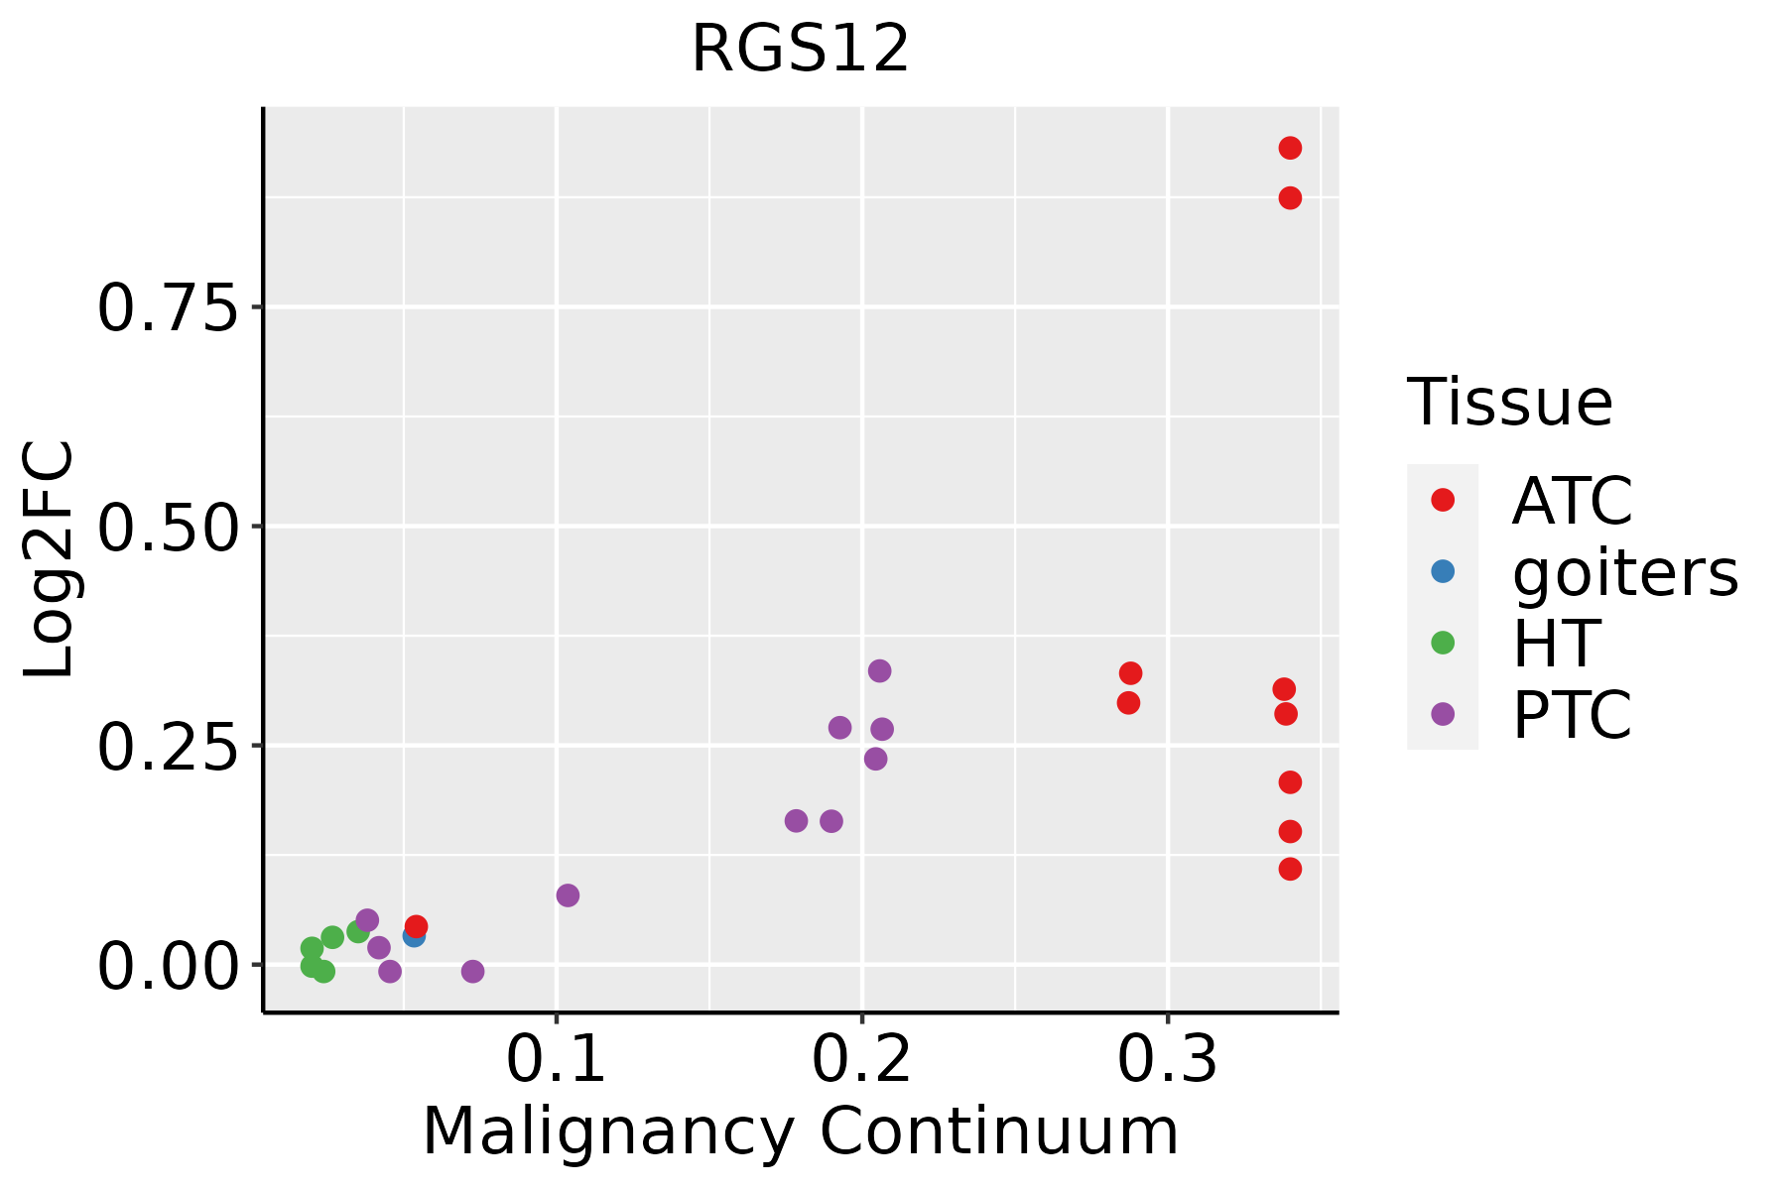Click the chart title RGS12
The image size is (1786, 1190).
coord(800,50)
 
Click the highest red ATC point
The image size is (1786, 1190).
coord(1290,149)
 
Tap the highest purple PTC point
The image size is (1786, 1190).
coord(879,671)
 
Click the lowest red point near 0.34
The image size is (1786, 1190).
coord(1290,870)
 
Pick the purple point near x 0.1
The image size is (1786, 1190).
coord(568,895)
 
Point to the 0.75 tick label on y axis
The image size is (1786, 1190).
coord(169,308)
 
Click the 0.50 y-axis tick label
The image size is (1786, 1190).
coord(169,527)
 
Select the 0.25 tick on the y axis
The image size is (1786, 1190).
coord(169,746)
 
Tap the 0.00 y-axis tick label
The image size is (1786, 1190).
coord(169,965)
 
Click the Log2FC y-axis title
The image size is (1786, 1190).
coord(50,560)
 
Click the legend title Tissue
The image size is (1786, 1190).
coord(1510,403)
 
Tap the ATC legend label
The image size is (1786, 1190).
coord(1572,501)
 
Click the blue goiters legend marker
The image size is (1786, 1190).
coord(1443,571)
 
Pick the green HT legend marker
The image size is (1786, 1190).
coord(1443,643)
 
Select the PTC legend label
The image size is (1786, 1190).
coord(1572,714)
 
